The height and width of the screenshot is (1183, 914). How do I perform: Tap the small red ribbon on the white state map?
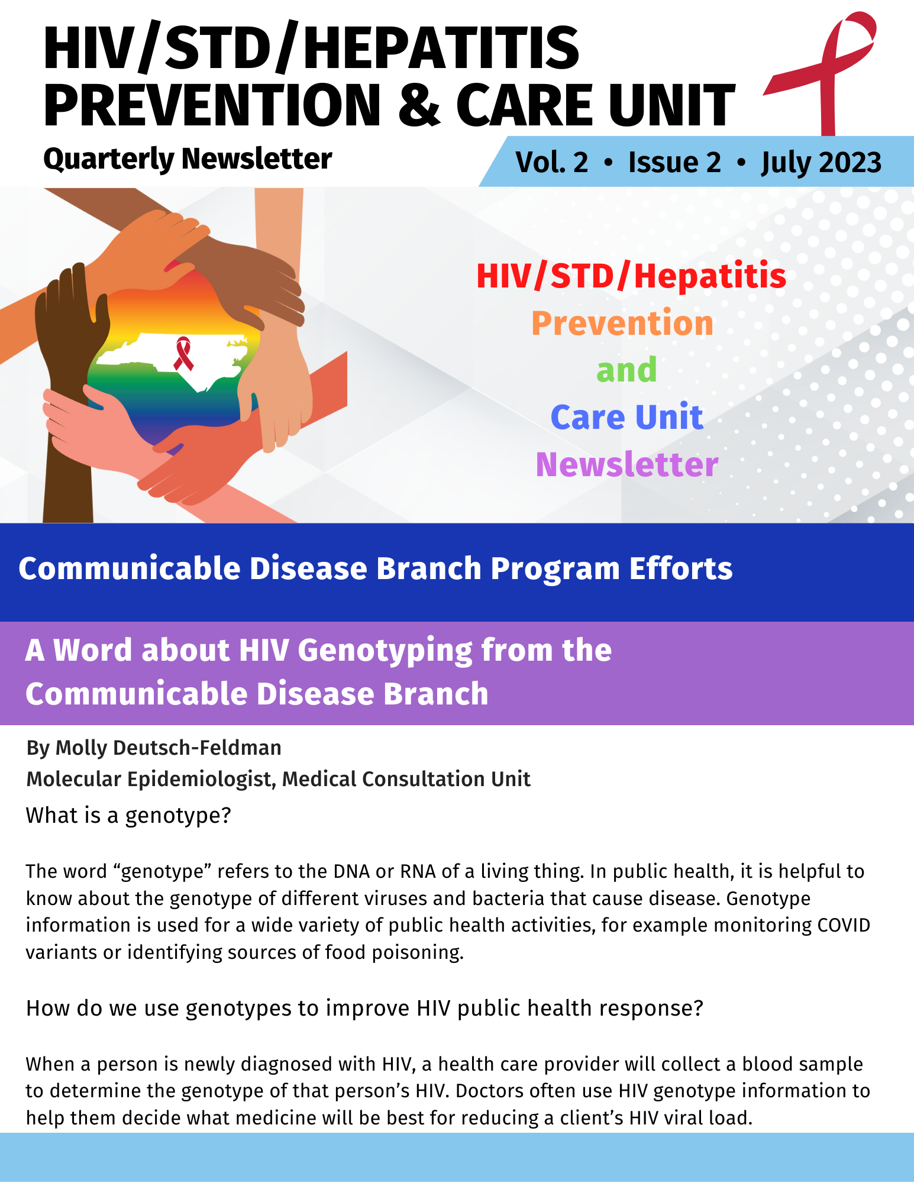[x=183, y=354]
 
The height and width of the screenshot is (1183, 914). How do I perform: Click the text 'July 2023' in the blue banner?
[x=821, y=163]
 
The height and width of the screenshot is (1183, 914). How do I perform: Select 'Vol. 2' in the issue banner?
[x=551, y=162]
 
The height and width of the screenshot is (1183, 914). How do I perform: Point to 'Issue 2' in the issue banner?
[x=674, y=162]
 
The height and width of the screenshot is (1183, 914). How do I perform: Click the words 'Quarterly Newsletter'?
[x=188, y=159]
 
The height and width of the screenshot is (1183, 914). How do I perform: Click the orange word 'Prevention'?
[x=622, y=324]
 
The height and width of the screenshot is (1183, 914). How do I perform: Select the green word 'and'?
[x=626, y=370]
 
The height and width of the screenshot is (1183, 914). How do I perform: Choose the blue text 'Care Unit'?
[x=626, y=417]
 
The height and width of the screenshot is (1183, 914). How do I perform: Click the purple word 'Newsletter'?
[x=626, y=464]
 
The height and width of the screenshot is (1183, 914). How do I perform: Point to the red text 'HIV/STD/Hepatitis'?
[x=631, y=276]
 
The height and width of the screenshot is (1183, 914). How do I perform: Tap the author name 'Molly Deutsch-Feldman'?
[x=168, y=748]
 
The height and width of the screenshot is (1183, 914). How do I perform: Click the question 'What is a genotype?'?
[x=128, y=816]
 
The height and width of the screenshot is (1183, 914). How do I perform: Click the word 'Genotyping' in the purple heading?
[x=385, y=651]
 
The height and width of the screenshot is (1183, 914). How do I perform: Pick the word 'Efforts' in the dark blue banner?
[x=680, y=568]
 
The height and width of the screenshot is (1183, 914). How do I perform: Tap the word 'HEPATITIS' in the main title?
[x=441, y=49]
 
